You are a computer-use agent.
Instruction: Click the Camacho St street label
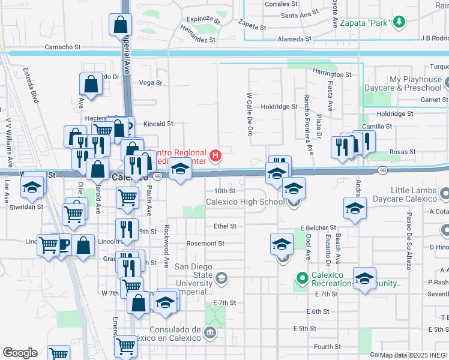click(x=62, y=47)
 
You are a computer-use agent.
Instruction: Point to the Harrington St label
click(x=331, y=74)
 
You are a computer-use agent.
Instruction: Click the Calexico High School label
click(x=246, y=202)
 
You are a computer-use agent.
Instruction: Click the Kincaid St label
click(x=158, y=124)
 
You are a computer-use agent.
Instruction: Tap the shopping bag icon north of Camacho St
click(x=120, y=25)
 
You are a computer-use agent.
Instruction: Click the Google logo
click(x=19, y=353)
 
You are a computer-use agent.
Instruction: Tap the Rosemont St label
click(x=205, y=244)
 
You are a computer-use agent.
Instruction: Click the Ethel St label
click(x=224, y=226)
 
